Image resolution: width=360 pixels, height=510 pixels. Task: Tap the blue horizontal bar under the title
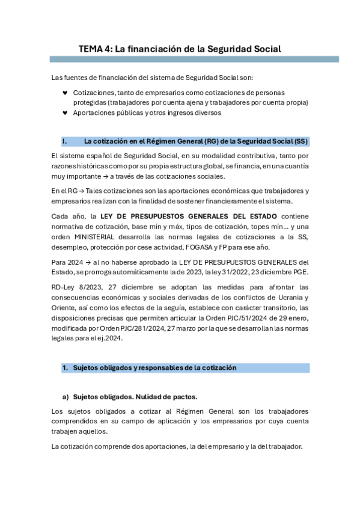click(194, 60)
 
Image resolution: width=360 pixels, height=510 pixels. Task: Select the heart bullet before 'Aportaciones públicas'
click(65, 112)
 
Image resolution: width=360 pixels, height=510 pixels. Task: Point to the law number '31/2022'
click(215, 272)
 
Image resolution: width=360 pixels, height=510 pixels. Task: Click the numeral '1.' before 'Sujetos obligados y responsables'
click(65, 367)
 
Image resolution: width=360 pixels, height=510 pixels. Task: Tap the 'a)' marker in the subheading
click(66, 396)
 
